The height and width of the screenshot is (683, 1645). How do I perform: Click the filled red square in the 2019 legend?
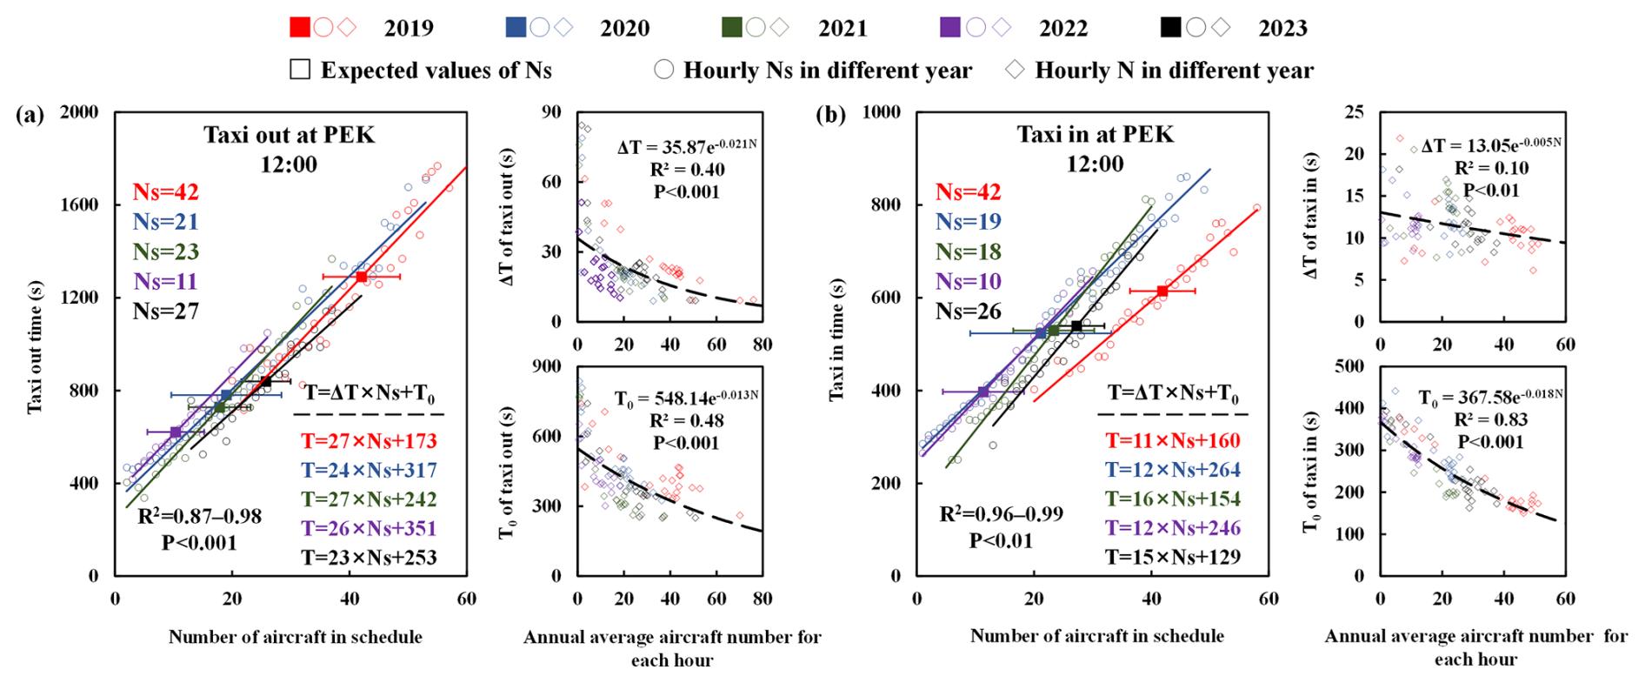[x=300, y=28]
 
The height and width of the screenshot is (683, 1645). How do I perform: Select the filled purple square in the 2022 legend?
[x=950, y=28]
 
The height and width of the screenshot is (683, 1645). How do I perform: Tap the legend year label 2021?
[x=842, y=29]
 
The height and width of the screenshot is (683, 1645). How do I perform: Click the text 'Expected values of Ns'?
[x=436, y=70]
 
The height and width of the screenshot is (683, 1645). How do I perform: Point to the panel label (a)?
[x=30, y=115]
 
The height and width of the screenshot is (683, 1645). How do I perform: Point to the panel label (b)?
[x=831, y=115]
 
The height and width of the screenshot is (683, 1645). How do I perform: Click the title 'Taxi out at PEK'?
[x=290, y=135]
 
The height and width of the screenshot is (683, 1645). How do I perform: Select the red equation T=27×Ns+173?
[x=369, y=441]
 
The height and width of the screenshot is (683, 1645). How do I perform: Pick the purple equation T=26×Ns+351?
[x=369, y=528]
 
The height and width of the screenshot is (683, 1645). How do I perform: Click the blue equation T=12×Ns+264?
[x=1173, y=470]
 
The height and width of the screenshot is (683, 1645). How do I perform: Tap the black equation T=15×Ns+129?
[x=1173, y=557]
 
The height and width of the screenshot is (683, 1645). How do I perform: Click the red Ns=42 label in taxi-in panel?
[x=968, y=191]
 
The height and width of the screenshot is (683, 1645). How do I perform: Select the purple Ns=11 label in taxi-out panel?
[x=165, y=281]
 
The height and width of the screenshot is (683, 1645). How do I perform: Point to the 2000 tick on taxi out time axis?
[x=79, y=112]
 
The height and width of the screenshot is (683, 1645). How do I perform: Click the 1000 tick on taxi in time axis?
[x=882, y=112]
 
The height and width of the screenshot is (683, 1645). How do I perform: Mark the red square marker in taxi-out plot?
[x=362, y=277]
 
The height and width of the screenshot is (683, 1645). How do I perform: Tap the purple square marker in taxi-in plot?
[x=983, y=392]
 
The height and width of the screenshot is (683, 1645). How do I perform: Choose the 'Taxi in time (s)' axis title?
[x=836, y=340]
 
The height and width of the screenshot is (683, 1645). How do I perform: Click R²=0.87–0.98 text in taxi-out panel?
[x=200, y=516]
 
